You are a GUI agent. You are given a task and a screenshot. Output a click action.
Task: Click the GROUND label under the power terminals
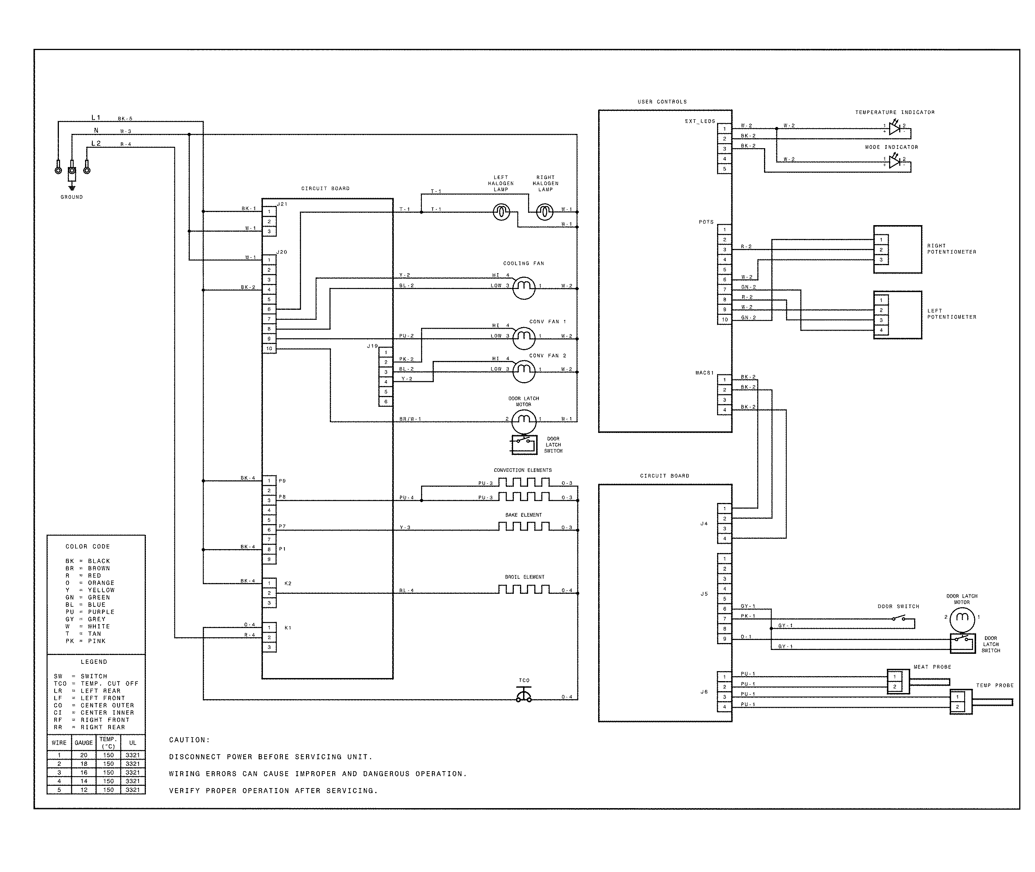click(x=72, y=197)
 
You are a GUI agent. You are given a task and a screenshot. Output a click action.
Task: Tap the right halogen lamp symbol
click(x=545, y=212)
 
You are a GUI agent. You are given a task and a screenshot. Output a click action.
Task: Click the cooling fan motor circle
click(x=524, y=287)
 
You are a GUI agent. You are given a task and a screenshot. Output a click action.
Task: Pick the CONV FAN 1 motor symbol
click(x=524, y=337)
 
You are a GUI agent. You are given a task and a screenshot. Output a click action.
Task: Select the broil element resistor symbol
click(x=524, y=589)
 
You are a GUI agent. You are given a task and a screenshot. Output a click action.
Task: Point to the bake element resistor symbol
click(x=524, y=526)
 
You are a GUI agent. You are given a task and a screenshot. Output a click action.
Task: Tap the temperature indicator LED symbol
click(x=894, y=129)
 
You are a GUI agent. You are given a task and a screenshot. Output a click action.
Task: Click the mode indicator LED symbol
click(x=894, y=162)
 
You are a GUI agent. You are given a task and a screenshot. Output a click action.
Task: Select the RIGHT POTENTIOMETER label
click(x=951, y=249)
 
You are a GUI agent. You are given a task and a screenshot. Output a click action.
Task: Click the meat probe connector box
click(x=898, y=682)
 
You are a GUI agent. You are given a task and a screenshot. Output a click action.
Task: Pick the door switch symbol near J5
click(x=898, y=618)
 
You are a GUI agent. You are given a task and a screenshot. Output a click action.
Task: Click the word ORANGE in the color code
click(x=101, y=583)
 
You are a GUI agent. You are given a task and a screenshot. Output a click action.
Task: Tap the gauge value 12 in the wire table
click(x=84, y=789)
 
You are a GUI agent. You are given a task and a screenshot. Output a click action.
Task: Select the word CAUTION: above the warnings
click(x=189, y=740)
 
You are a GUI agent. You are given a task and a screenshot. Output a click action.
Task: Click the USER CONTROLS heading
click(x=662, y=102)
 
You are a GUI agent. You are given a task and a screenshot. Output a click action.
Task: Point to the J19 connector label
click(x=372, y=346)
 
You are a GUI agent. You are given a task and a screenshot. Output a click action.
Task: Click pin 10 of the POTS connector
click(x=724, y=319)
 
